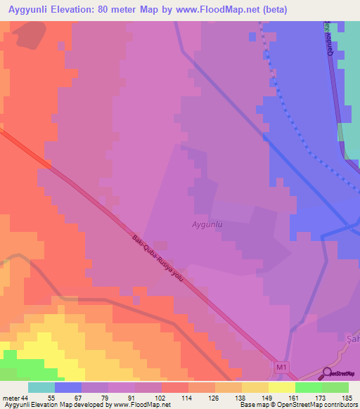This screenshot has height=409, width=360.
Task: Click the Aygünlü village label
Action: (x=207, y=225)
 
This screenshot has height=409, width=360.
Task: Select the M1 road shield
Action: (x=281, y=367)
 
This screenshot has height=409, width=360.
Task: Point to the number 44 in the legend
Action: (x=25, y=398)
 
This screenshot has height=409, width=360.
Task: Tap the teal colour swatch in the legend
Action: (x=41, y=387)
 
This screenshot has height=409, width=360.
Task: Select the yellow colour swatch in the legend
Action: (x=281, y=387)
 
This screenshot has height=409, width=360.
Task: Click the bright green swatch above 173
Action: (x=308, y=387)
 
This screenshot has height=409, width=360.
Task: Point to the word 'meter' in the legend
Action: (x=11, y=398)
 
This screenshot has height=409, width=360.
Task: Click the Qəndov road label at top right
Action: (x=328, y=44)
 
